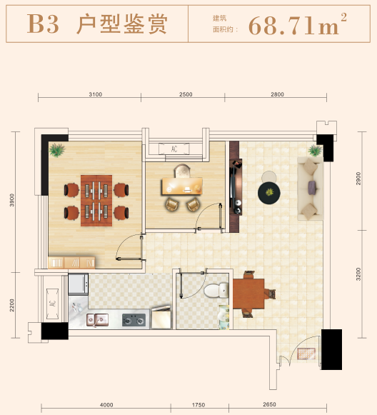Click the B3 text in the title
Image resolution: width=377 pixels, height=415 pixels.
point(43,25)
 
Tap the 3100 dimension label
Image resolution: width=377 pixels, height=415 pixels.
point(96,94)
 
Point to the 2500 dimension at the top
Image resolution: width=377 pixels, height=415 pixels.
point(186,94)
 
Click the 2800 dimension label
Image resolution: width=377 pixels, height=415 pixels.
point(277,94)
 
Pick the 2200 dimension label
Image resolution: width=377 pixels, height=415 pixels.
point(12,305)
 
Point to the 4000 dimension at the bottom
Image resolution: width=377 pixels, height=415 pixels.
point(106,405)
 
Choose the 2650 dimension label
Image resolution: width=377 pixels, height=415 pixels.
point(269,405)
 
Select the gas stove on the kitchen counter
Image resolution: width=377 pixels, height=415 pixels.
point(132,319)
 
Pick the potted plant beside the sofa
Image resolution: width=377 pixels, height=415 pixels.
point(314,150)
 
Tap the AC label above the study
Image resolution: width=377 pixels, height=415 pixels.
point(174,149)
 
